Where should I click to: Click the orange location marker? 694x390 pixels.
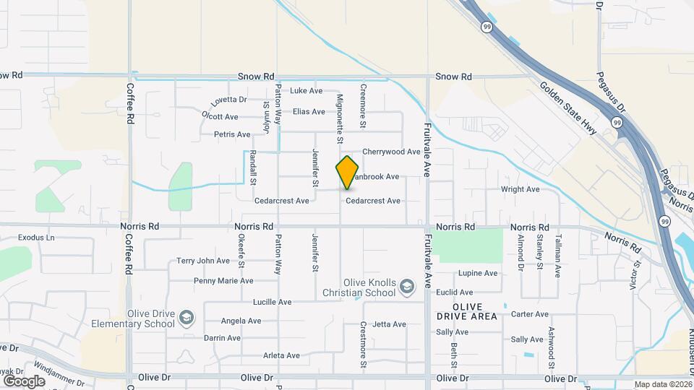pos(348,172)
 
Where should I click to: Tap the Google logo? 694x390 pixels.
pos(24,381)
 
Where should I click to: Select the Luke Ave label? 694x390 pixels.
pos(306,91)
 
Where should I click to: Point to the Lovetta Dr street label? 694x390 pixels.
pos(229,100)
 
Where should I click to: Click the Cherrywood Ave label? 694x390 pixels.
pos(391,152)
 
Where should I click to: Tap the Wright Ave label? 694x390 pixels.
pos(520,189)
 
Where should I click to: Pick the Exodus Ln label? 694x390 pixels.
pos(36,237)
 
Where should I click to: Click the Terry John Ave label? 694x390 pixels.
pos(203,261)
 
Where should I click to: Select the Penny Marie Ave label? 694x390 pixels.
pos(223,280)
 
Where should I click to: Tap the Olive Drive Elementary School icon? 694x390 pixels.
pos(187,318)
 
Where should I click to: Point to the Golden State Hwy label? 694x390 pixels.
pos(567,108)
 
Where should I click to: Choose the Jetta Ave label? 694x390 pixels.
pos(390,324)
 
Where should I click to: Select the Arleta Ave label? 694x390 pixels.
pos(281,355)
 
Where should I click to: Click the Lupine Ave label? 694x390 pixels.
pos(477,273)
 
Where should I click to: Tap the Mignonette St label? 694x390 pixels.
pos(339,118)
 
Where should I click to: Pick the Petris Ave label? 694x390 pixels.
pos(232,134)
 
